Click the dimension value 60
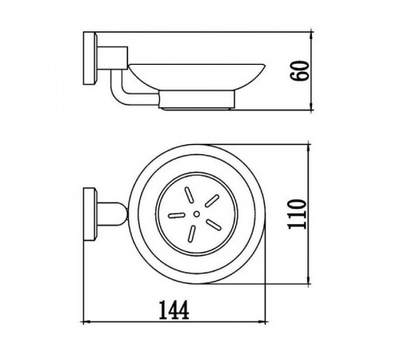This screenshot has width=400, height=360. [300, 70]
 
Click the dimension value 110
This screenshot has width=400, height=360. [297, 214]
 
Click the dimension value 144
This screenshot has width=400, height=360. [174, 310]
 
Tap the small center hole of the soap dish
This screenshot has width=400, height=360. [197, 214]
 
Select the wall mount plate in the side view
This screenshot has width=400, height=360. [90, 58]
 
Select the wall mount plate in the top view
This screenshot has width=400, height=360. [90, 214]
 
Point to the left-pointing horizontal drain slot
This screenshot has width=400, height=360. [176, 215]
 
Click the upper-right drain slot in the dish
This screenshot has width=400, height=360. [212, 201]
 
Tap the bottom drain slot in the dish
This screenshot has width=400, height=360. [192, 234]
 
